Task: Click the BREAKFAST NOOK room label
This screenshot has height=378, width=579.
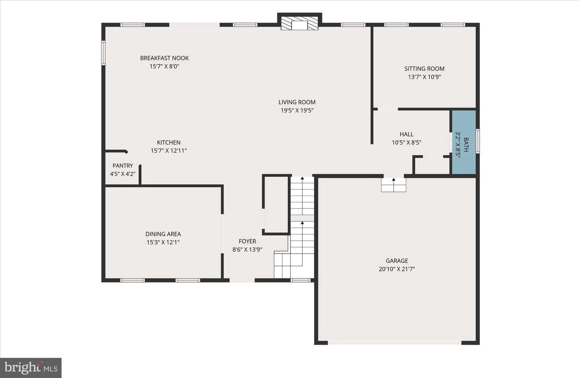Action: click(x=164, y=58)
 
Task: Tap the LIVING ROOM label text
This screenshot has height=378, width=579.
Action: click(x=297, y=102)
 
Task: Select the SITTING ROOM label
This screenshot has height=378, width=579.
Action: click(x=425, y=69)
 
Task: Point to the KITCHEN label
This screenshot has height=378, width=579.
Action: click(x=169, y=143)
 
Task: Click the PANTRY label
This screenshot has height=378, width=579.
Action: click(x=123, y=166)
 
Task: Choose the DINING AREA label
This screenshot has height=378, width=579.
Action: click(x=163, y=234)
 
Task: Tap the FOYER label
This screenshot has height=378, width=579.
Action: click(x=247, y=241)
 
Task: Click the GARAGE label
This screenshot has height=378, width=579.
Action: click(x=397, y=261)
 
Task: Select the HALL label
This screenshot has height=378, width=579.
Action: click(x=407, y=134)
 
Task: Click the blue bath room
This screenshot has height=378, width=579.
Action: click(x=464, y=142)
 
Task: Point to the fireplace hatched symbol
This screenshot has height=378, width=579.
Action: click(x=300, y=23)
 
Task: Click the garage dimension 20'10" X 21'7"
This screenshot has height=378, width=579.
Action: click(x=397, y=269)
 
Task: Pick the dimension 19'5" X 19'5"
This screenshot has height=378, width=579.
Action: click(x=297, y=110)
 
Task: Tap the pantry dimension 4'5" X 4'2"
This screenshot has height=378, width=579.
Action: click(x=123, y=174)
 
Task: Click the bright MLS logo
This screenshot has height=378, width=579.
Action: click(x=31, y=368)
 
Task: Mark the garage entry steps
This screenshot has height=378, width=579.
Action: click(x=393, y=185)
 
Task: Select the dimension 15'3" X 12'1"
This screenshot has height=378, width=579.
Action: click(x=163, y=243)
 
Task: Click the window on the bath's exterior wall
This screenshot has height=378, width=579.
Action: click(x=478, y=141)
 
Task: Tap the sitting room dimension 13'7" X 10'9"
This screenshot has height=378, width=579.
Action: click(x=425, y=77)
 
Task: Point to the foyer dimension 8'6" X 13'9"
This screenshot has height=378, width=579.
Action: click(x=247, y=250)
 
